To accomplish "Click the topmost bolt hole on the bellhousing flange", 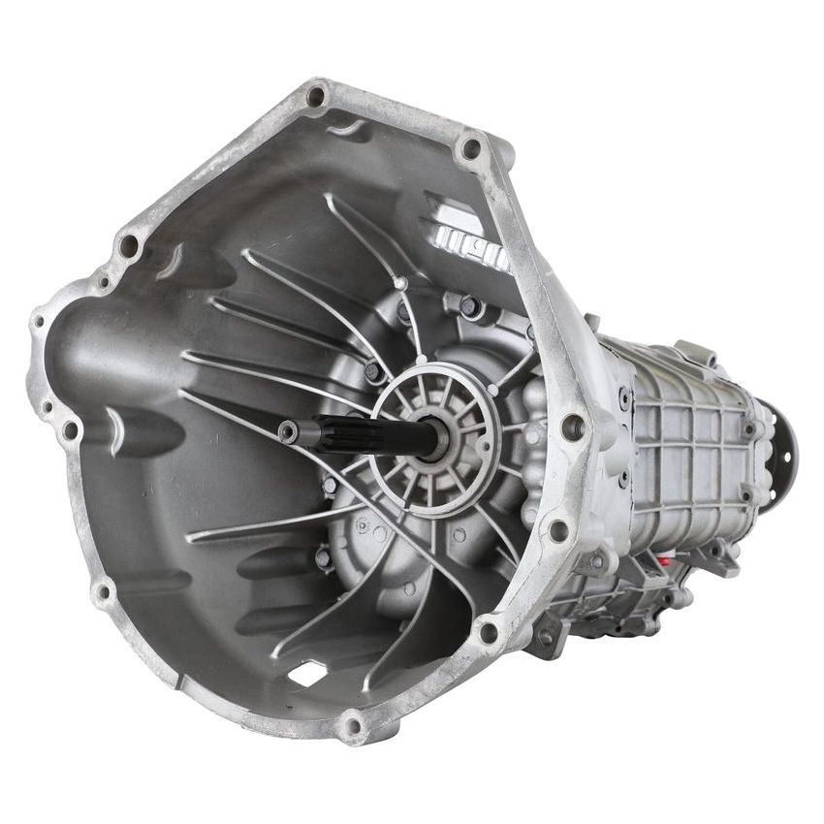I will [316, 96].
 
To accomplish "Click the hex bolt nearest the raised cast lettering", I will [468, 306].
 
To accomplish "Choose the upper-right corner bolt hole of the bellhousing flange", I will [471, 148].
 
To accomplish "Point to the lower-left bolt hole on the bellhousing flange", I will [101, 589].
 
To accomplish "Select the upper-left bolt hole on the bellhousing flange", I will [127, 246].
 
